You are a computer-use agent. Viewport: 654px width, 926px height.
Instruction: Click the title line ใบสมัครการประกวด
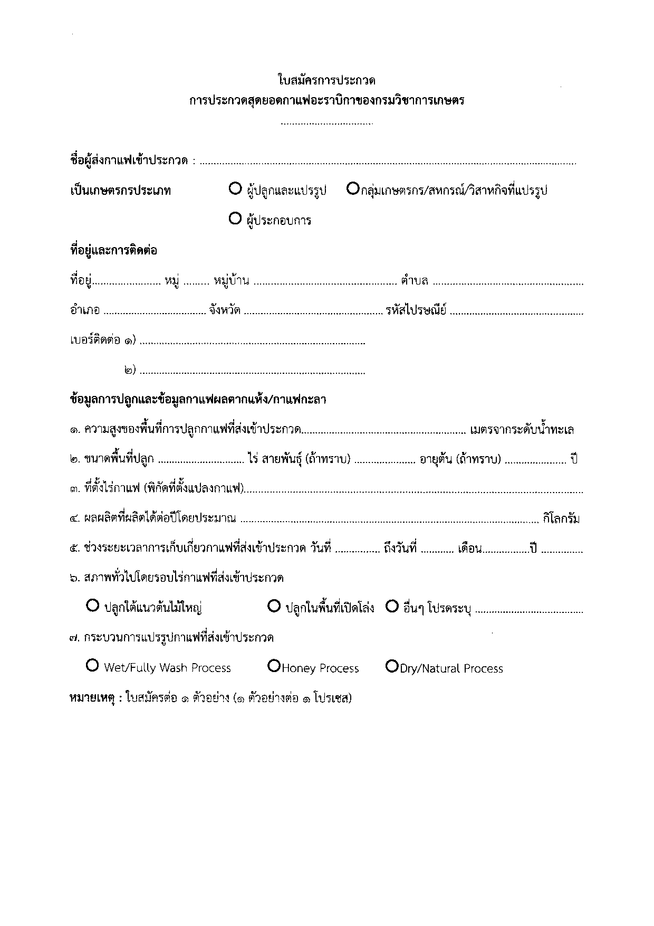point(326,81)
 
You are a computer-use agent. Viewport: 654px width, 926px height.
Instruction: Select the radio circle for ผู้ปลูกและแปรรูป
point(235,188)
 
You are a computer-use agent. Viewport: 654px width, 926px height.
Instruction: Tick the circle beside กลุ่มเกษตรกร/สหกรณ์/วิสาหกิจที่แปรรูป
point(353,188)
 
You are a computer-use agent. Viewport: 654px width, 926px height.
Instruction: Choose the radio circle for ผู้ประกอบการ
point(235,219)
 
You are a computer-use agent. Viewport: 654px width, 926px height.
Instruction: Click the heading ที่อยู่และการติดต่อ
point(113,250)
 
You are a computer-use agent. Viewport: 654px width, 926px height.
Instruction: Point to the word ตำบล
point(414,281)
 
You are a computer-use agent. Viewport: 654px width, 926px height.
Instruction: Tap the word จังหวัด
point(225,310)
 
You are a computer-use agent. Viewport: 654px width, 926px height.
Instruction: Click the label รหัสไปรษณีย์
point(416,310)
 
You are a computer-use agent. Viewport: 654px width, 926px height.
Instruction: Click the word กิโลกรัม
point(561,519)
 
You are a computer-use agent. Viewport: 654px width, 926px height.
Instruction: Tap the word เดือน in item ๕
point(470,549)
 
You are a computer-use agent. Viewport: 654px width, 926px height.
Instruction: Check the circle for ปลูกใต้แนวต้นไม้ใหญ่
point(92,607)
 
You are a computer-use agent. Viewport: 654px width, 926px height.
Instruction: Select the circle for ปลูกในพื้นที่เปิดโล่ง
point(274,607)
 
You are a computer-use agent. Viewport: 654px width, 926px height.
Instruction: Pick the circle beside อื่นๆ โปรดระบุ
point(391,607)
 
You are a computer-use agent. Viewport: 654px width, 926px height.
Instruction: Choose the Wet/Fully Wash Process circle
point(92,666)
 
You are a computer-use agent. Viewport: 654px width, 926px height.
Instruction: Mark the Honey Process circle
point(274,666)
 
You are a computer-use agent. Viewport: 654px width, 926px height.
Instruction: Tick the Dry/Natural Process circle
point(391,666)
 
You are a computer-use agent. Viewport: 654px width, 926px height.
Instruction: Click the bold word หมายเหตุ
point(92,698)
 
